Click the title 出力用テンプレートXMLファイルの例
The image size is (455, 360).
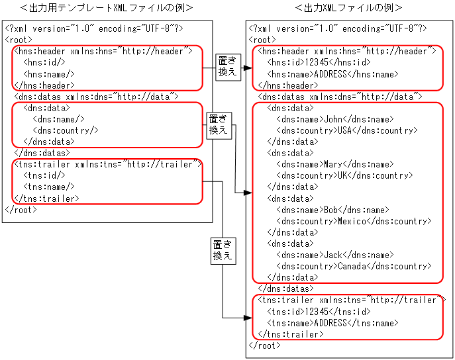pos(106,8)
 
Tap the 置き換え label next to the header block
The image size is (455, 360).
pos(227,67)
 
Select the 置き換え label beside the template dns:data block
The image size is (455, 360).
pos(218,124)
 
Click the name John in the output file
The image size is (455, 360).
pos(331,119)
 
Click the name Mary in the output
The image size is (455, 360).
pos(332,164)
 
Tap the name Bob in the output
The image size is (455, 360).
pos(330,210)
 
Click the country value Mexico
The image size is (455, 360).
pos(352,221)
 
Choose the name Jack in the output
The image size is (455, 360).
pos(332,255)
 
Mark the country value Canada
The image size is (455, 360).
pos(352,266)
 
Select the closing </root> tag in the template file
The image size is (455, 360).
pos(21,210)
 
